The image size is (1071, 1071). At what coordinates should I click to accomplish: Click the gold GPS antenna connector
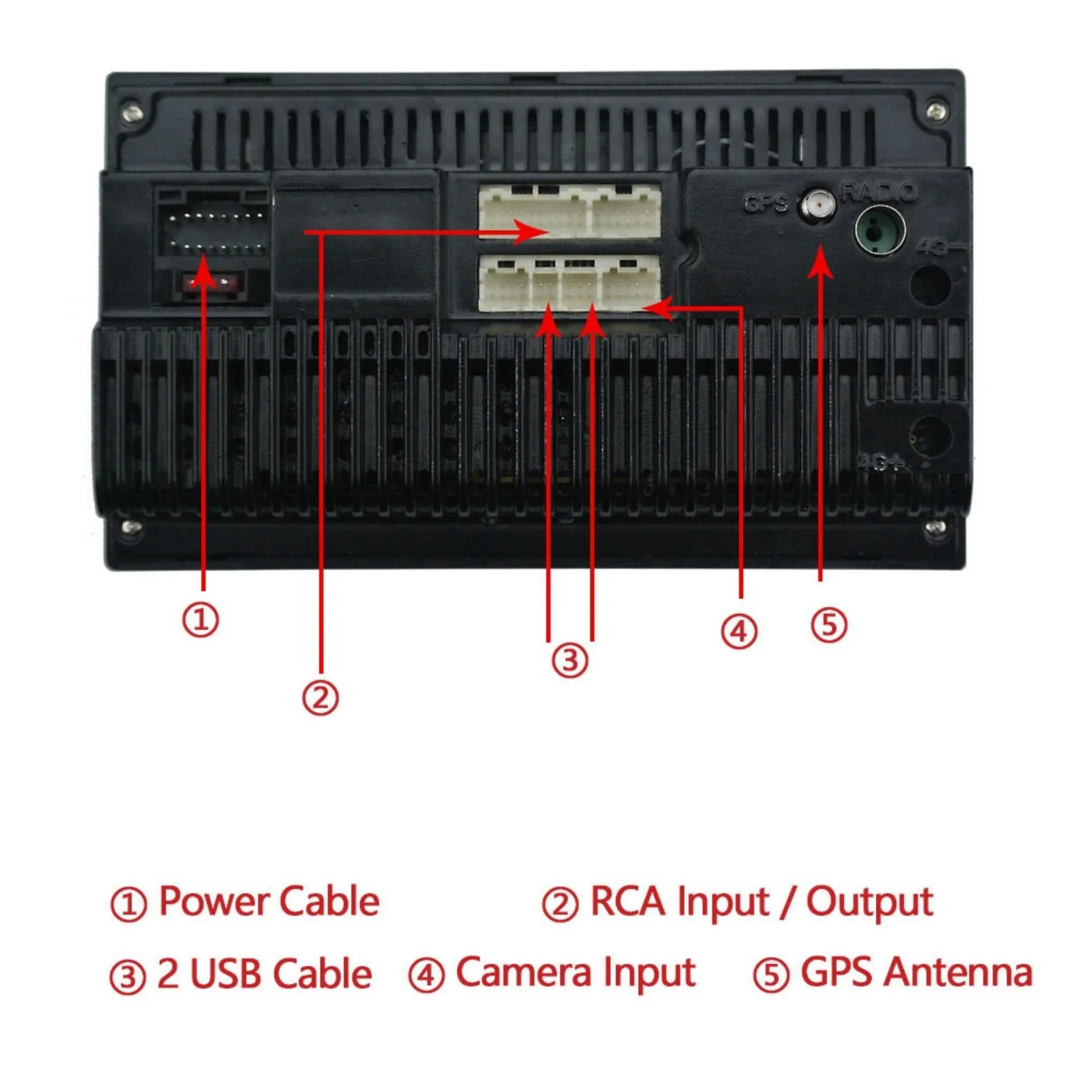pyautogui.click(x=818, y=206)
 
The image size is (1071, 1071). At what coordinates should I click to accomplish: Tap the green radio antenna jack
pyautogui.click(x=880, y=230)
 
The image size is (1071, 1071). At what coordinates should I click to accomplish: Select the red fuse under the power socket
pyautogui.click(x=211, y=283)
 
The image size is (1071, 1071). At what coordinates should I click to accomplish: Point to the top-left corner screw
pyautogui.click(x=132, y=113)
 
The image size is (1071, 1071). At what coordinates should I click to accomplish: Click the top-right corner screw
pyautogui.click(x=937, y=111)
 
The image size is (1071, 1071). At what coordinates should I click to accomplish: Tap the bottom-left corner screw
pyautogui.click(x=131, y=528)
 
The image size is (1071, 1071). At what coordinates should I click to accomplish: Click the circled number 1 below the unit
pyautogui.click(x=201, y=619)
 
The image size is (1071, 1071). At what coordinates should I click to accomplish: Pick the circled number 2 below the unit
pyautogui.click(x=320, y=697)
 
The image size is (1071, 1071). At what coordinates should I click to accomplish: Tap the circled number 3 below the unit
pyautogui.click(x=570, y=660)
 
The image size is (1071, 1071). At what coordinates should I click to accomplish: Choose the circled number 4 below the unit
pyautogui.click(x=738, y=631)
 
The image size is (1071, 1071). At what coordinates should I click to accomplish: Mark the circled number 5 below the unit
pyautogui.click(x=829, y=625)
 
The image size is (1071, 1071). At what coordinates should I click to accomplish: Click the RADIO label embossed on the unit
pyautogui.click(x=879, y=191)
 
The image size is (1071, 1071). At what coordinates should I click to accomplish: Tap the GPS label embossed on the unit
pyautogui.click(x=765, y=204)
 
